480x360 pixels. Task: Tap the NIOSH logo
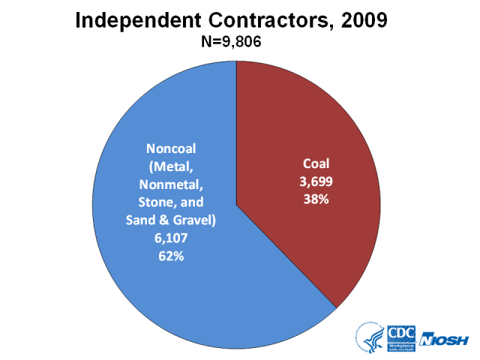click(x=447, y=340)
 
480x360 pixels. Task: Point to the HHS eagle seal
click(x=370, y=339)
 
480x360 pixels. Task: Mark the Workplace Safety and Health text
click(x=401, y=346)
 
